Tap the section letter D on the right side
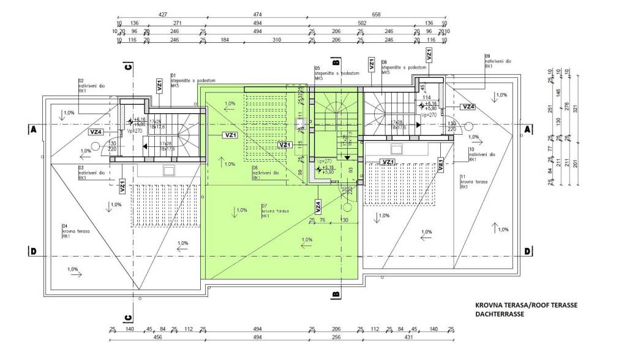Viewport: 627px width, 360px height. pos(527,252)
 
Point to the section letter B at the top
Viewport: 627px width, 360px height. pos(336,62)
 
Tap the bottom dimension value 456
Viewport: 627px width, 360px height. pos(157,337)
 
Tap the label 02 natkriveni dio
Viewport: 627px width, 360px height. pos(91,86)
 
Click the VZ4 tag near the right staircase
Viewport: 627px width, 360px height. pos(469,107)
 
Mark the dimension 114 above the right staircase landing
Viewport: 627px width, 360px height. pos(427,97)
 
